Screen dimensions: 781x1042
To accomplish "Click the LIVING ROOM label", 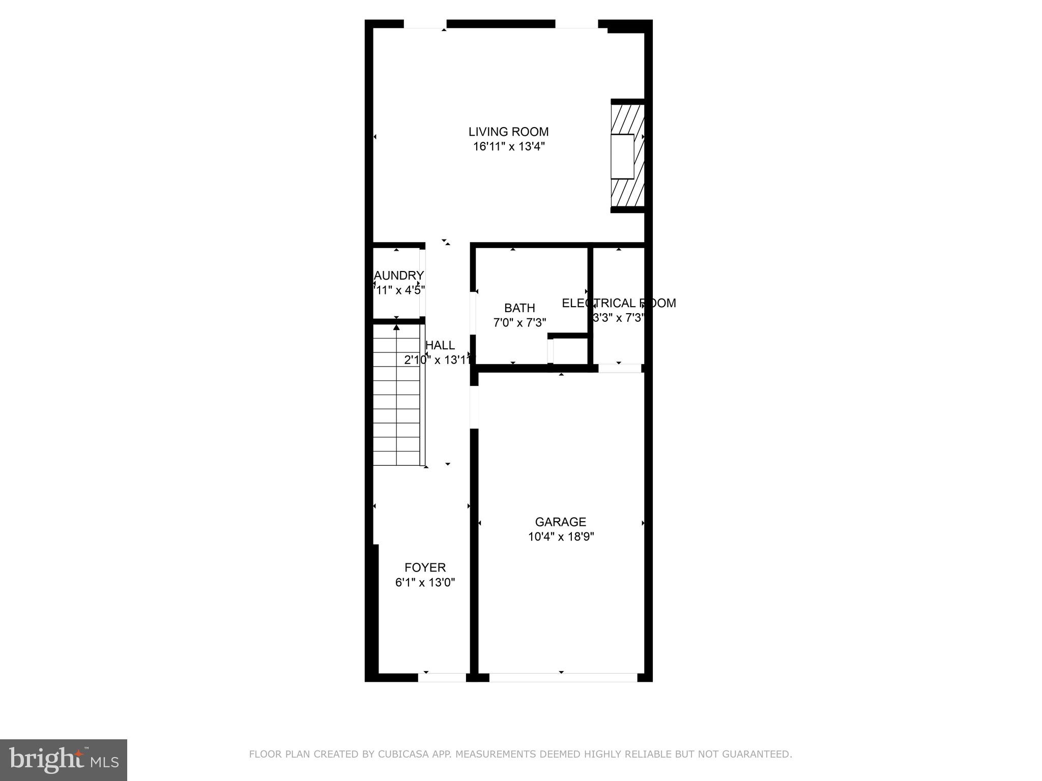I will [508, 132].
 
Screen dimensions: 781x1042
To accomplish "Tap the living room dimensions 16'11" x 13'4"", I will [508, 147].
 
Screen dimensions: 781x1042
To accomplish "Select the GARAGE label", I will [560, 522].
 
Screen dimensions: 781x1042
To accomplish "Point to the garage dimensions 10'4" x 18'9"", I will [561, 536].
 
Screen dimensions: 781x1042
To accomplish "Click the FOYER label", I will [425, 567].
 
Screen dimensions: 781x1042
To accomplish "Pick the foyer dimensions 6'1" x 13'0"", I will [425, 583].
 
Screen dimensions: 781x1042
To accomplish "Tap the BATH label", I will [519, 308].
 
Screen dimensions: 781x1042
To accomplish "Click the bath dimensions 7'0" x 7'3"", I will [519, 322].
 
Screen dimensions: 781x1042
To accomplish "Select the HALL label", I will [440, 345].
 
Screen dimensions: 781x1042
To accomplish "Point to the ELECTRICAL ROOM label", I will [619, 303].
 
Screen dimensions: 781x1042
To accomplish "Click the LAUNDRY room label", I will [399, 276].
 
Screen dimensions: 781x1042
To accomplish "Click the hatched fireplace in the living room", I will [628, 156].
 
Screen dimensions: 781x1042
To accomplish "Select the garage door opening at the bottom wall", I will [563, 677].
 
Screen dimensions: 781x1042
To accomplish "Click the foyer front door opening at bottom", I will [442, 677].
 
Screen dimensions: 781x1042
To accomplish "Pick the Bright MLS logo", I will [64, 760].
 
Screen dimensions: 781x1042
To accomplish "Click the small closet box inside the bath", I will [569, 351].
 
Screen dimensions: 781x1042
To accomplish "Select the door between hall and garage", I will [474, 407].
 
